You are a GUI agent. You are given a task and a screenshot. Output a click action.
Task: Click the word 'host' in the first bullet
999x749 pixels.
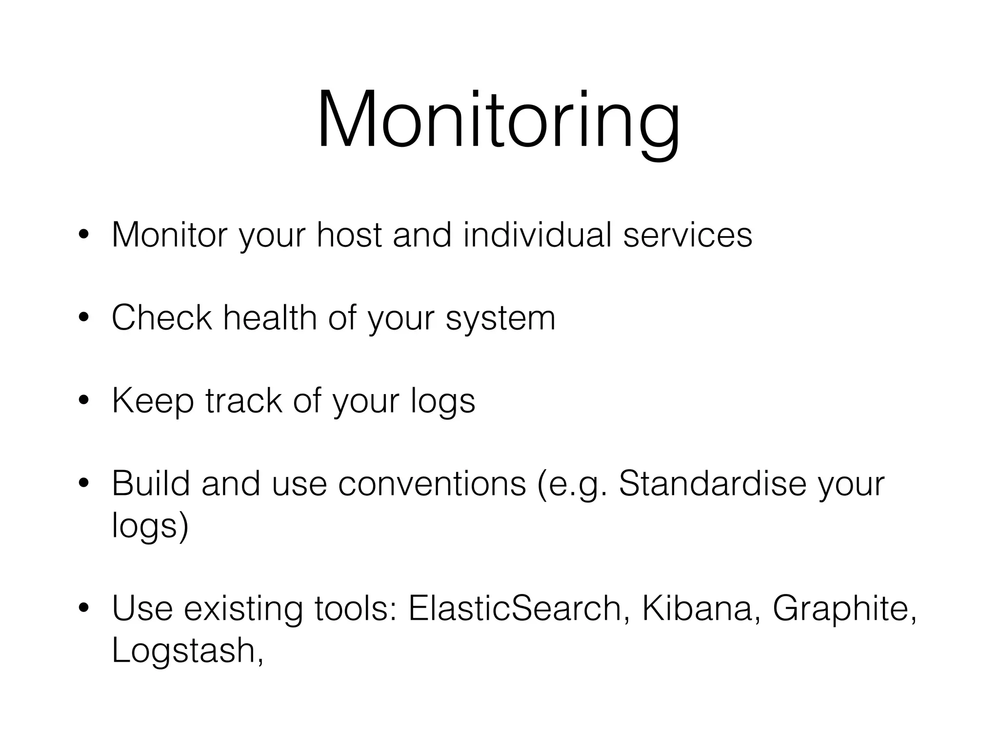(349, 235)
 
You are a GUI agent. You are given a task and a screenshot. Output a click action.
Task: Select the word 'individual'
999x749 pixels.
(537, 235)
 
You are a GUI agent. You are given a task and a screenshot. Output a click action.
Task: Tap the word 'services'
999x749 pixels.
(687, 235)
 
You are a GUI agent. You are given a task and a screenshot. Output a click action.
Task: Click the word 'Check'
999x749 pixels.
(162, 318)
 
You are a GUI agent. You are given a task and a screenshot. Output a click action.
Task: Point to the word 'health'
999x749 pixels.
(270, 318)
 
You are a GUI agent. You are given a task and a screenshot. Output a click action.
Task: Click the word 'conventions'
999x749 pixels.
(432, 484)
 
